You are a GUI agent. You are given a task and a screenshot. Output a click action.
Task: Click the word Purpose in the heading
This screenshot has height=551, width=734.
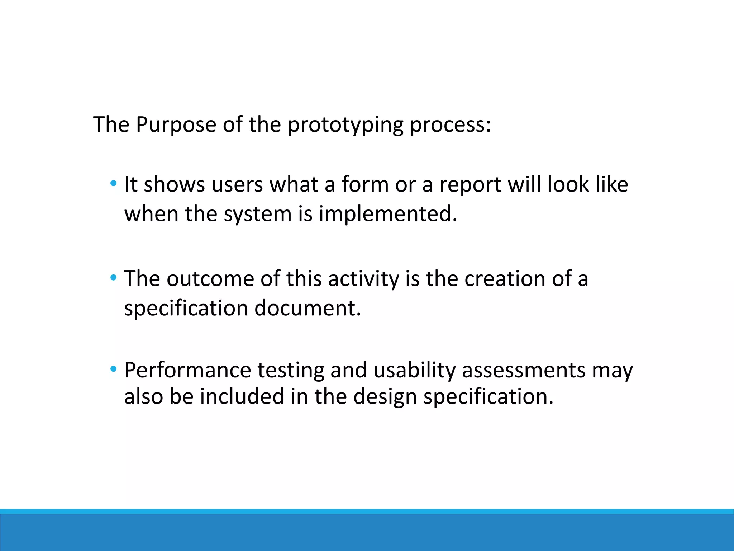(x=176, y=124)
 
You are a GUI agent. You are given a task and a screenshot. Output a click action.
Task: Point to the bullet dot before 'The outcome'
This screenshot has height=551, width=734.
(x=113, y=278)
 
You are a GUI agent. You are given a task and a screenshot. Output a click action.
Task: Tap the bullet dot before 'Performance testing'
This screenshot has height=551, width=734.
(x=113, y=369)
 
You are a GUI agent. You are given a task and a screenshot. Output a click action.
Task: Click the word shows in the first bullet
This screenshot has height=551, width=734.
(x=174, y=184)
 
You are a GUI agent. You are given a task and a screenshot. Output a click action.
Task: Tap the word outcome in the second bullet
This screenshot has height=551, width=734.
(x=210, y=279)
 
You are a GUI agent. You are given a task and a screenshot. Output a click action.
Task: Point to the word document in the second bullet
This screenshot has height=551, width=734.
(x=307, y=308)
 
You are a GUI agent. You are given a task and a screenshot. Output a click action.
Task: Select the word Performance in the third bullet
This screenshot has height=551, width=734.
(x=187, y=370)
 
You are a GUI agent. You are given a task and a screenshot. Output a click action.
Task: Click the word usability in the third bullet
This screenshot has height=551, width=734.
(x=414, y=371)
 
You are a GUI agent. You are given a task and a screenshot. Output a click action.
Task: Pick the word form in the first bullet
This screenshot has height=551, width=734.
(x=365, y=184)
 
